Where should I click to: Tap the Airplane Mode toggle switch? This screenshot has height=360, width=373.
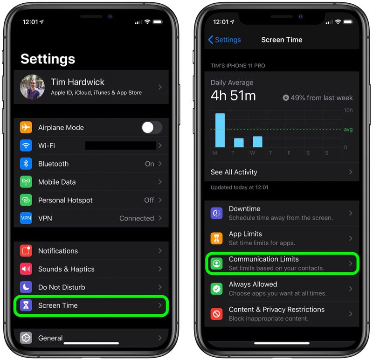(x=152, y=127)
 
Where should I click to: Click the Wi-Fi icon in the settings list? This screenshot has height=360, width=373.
(x=26, y=145)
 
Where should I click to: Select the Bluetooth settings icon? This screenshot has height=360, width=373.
(x=26, y=164)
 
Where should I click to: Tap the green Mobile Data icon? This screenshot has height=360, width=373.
(x=26, y=182)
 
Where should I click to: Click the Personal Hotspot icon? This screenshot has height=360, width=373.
(x=26, y=200)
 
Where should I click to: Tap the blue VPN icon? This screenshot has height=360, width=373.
(x=26, y=218)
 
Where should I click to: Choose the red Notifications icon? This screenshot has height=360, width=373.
(x=26, y=251)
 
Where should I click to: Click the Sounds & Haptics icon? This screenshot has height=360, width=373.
(x=26, y=269)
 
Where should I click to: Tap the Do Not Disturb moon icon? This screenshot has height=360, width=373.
(x=26, y=287)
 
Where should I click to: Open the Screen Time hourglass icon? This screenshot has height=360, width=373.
(x=26, y=305)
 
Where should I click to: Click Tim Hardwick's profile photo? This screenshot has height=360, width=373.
(x=32, y=87)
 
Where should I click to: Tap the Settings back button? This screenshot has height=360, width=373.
(x=224, y=40)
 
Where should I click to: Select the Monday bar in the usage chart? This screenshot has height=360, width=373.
(x=220, y=130)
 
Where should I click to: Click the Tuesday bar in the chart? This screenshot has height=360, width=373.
(x=239, y=142)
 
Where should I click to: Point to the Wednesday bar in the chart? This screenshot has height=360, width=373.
(x=257, y=141)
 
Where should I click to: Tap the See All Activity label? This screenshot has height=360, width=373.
(x=234, y=172)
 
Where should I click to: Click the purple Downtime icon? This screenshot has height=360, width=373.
(x=216, y=213)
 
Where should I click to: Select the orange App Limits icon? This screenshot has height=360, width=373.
(x=216, y=238)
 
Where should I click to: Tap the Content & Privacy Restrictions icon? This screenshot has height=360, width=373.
(x=216, y=314)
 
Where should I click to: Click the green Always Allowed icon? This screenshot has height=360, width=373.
(x=216, y=289)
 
